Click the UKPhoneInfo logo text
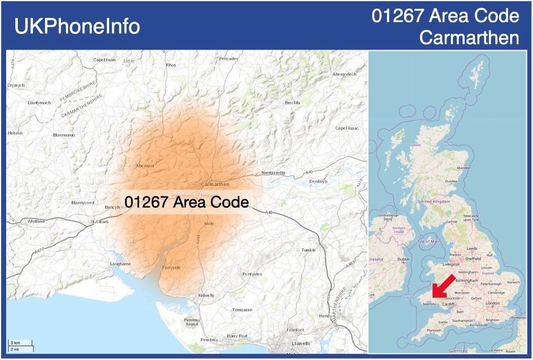77,26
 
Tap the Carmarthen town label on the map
215,184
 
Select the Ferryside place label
171,267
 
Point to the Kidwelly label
206,295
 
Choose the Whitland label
36,221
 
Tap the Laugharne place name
121,264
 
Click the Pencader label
228,59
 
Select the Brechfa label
293,102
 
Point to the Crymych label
16,85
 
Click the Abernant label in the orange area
145,166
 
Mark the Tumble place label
308,250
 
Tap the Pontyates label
252,274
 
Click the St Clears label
99,222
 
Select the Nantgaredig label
274,173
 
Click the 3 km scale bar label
15,343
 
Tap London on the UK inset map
492,303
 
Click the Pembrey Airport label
192,322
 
